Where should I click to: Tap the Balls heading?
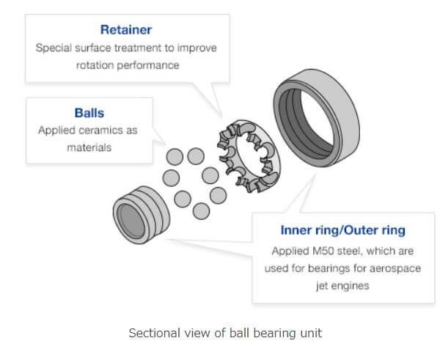click(x=89, y=114)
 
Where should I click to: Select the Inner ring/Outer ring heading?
click(x=342, y=230)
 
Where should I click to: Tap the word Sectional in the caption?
click(x=153, y=333)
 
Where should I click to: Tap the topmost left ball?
click(x=175, y=155)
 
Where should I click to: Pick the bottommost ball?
click(x=200, y=211)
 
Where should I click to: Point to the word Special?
click(x=53, y=47)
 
